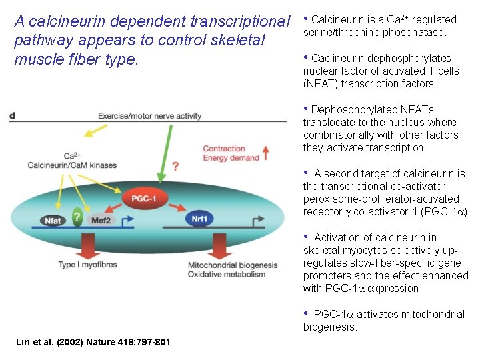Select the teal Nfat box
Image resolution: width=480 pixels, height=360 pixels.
tap(53, 220)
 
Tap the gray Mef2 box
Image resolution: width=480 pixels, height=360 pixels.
tap(101, 220)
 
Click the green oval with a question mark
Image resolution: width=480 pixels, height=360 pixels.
tap(77, 218)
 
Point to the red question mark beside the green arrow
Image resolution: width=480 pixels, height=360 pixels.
tap(175, 165)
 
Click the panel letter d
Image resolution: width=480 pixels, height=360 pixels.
tap(13, 116)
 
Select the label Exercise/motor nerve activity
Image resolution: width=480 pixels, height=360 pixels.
tap(149, 116)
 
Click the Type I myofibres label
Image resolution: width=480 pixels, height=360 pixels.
tap(87, 265)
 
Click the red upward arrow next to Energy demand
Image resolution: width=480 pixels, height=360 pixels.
tap(266, 153)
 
